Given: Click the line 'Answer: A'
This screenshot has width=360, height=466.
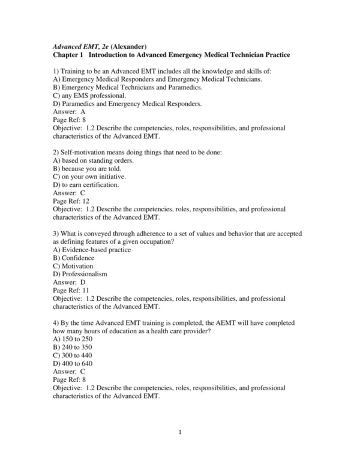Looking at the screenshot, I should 69,112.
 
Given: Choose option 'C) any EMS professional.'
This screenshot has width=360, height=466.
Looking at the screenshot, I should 89,95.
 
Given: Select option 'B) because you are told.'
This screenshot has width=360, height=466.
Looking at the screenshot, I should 90,169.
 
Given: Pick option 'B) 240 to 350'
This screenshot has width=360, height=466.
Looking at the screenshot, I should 73,346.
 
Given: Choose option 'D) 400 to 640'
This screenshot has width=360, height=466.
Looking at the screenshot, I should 73,363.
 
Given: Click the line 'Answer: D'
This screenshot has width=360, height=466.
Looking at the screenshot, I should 69,282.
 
